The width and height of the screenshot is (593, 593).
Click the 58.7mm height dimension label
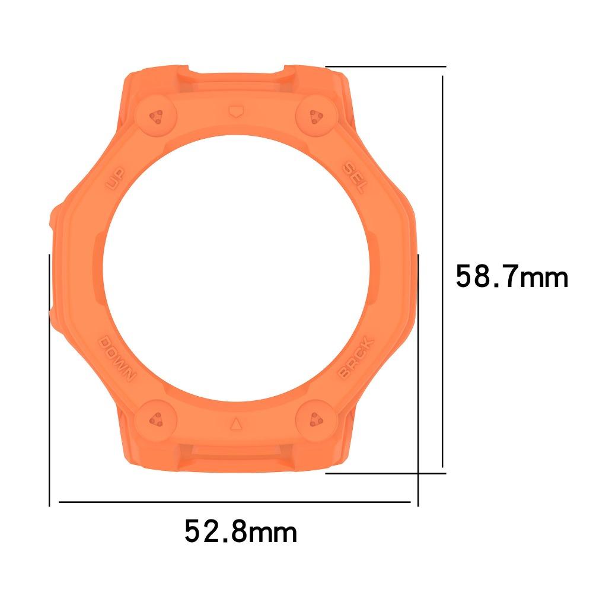pos(512,277)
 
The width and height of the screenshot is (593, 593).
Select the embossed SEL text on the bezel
pos(355,176)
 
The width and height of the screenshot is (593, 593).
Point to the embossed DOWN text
pos(117,359)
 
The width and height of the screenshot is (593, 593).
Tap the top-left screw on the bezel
pos(157,117)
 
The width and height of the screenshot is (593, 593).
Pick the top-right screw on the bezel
pos(314,117)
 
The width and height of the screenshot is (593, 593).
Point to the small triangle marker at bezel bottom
pos(236,424)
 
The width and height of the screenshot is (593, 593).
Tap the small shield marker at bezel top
pos(235,110)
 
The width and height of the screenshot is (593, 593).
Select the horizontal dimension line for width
pos(234,502)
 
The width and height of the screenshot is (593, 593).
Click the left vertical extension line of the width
pos(49,380)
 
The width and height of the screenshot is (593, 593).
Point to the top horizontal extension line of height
pos(385,66)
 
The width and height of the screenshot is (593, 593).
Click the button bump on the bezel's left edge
pos(55,219)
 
